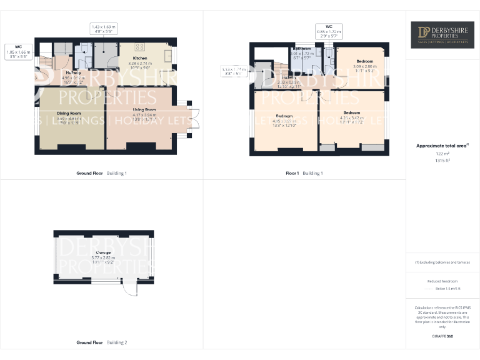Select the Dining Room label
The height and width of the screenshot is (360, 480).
(x=69, y=113)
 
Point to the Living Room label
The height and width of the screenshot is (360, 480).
(x=144, y=109)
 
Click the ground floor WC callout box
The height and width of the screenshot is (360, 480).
(x=18, y=51)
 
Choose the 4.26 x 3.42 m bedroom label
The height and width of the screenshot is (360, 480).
(x=351, y=112)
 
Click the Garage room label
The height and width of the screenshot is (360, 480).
(x=104, y=252)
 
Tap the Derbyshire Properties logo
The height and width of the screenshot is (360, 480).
(x=442, y=35)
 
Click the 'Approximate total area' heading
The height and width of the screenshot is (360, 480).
(x=441, y=146)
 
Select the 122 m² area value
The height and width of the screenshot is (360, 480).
(x=442, y=153)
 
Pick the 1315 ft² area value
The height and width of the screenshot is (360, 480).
(x=442, y=161)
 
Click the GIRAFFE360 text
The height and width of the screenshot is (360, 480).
(x=442, y=336)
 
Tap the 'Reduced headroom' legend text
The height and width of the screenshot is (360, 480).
(x=442, y=282)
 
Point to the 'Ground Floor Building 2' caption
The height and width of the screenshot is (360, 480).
(x=101, y=342)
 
